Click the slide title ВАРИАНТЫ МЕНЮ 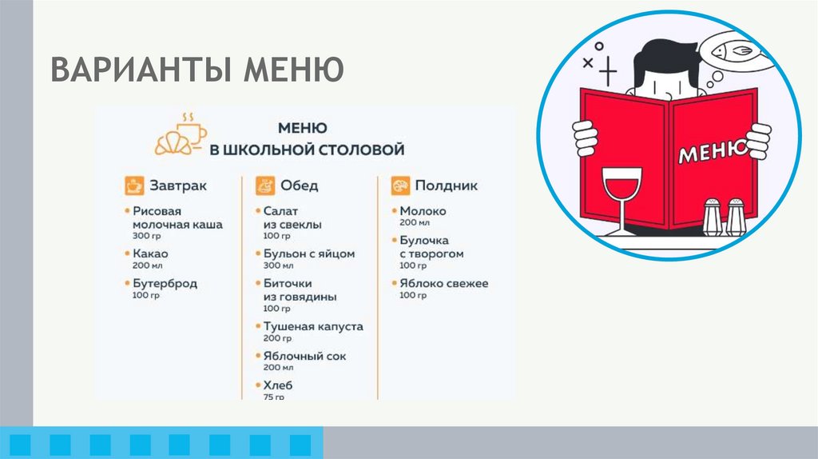pos(197,70)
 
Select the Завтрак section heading pos(177,186)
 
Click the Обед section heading pos(299,186)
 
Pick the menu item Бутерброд pos(165,283)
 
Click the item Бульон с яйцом pos(308,253)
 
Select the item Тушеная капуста pos(313,326)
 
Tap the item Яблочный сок pos(304,356)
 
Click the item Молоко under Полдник pos(423,211)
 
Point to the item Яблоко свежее pos(443,283)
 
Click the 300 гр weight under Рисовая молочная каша pos(146,237)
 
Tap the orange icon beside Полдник pos(400,186)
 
